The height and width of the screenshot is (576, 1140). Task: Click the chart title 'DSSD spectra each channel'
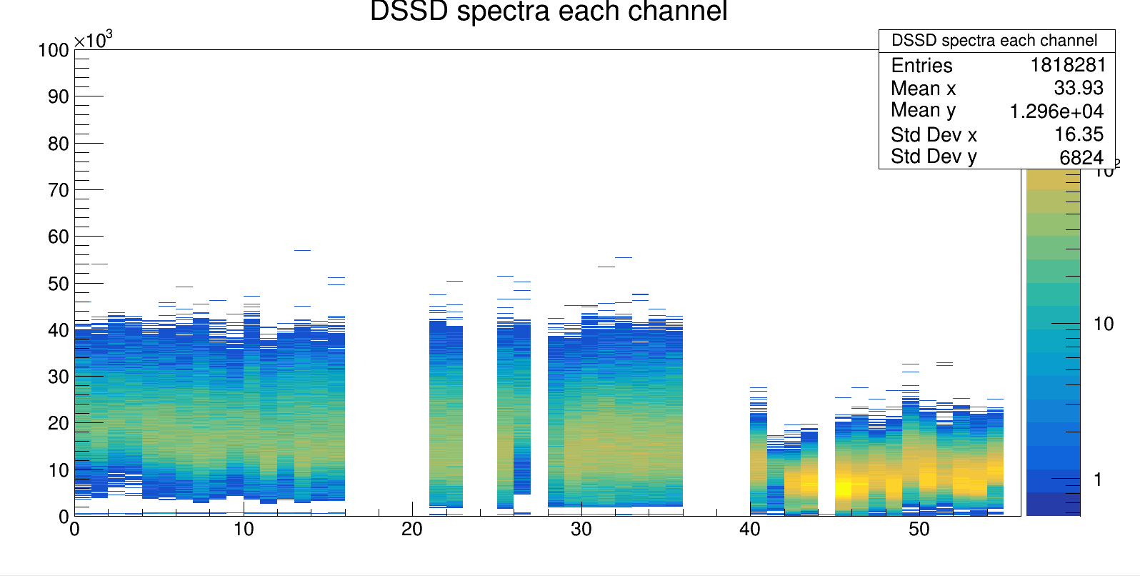pyautogui.click(x=549, y=12)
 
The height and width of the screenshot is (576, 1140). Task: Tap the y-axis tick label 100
pyautogui.click(x=54, y=50)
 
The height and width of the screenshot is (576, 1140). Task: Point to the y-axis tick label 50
pyautogui.click(x=58, y=284)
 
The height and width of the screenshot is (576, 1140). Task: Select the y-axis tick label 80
pyautogui.click(x=58, y=144)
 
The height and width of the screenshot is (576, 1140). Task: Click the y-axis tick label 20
pyautogui.click(x=58, y=423)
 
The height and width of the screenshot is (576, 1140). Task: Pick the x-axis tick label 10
pyautogui.click(x=243, y=530)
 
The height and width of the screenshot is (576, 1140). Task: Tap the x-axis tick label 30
pyautogui.click(x=581, y=530)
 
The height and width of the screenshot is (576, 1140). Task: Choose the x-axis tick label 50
pyautogui.click(x=919, y=530)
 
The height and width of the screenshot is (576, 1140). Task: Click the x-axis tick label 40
pyautogui.click(x=750, y=530)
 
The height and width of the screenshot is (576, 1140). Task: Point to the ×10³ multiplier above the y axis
pyautogui.click(x=94, y=40)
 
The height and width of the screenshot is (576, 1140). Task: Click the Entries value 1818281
pyautogui.click(x=1067, y=65)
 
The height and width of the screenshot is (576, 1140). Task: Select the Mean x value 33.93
pyautogui.click(x=1079, y=88)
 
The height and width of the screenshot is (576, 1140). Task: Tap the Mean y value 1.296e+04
pyautogui.click(x=1056, y=111)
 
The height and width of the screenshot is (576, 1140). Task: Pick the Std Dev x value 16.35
pyautogui.click(x=1079, y=134)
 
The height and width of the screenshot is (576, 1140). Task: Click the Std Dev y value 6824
pyautogui.click(x=1081, y=157)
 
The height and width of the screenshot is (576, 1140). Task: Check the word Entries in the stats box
pyautogui.click(x=921, y=66)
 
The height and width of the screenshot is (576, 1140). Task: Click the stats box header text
pyautogui.click(x=994, y=41)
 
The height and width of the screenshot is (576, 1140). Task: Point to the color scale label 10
pyautogui.click(x=1104, y=324)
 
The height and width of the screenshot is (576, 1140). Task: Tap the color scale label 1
pyautogui.click(x=1099, y=480)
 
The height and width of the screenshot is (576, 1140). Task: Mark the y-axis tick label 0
pyautogui.click(x=64, y=516)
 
